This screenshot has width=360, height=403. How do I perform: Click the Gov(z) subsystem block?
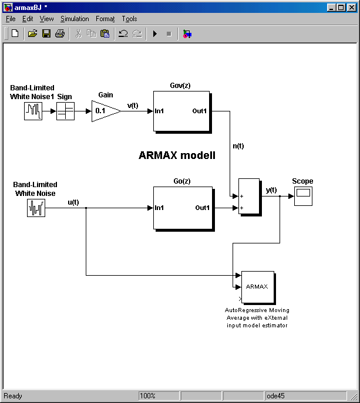181,111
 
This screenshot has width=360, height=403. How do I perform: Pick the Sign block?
65,111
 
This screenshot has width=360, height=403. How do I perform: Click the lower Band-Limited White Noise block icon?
36,208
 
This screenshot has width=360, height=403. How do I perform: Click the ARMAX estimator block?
257,287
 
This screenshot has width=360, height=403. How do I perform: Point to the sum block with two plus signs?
248,197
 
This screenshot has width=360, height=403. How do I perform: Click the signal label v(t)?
133,106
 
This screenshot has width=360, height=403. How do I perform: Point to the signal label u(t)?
73,202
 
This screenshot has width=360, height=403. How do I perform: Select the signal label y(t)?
271,189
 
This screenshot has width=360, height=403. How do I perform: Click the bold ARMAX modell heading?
177,155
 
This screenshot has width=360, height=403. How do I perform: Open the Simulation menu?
75,19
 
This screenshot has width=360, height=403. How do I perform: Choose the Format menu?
105,19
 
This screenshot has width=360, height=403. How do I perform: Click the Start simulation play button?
155,34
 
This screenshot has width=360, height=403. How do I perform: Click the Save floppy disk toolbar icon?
46,34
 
